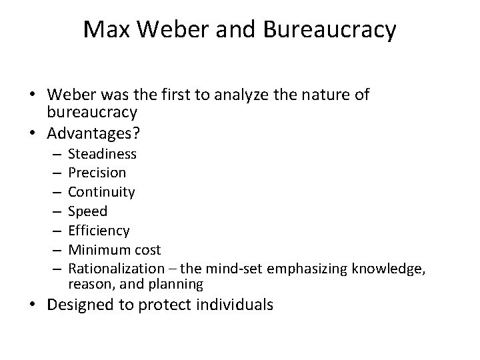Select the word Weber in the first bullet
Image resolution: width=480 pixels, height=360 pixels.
[x=71, y=95]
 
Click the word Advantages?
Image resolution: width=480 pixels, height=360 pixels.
[x=93, y=133]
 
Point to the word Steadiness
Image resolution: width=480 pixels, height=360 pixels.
[x=102, y=154]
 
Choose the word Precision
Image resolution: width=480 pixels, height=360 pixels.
[x=97, y=173]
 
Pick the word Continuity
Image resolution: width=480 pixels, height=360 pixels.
[x=101, y=192]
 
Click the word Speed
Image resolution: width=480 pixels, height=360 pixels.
[x=87, y=211]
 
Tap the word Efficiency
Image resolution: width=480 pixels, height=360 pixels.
[x=99, y=230]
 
